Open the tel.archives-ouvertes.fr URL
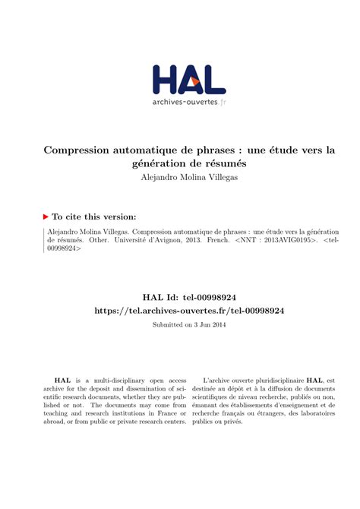190,311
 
